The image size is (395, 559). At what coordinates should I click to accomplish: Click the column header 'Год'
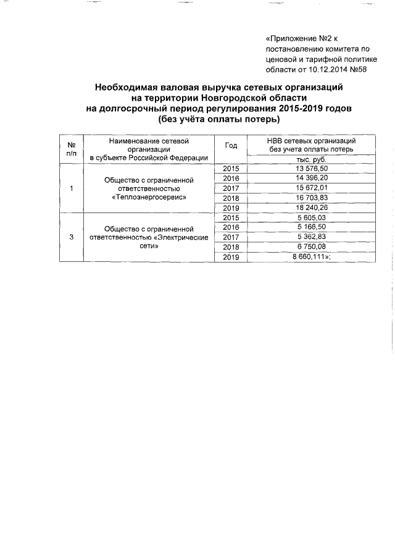[231, 146]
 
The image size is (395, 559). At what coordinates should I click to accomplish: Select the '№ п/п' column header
[71, 149]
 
